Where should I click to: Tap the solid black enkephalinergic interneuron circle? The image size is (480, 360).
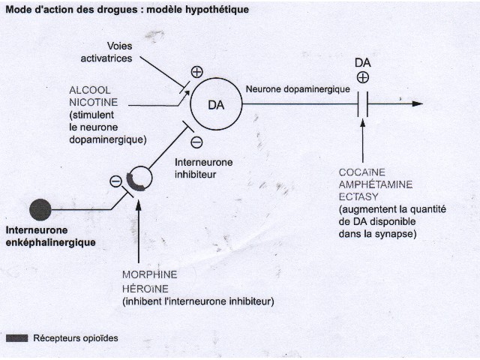tap(40, 210)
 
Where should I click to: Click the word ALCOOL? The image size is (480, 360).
tap(90, 90)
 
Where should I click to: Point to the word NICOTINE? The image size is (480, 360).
tap(93, 102)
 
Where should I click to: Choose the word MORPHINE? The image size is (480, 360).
tap(150, 274)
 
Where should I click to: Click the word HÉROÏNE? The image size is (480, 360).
tap(145, 288)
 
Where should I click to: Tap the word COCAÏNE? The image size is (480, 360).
tap(361, 172)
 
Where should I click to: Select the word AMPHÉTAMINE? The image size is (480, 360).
tap(376, 184)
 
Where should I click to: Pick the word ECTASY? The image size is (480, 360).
tap(358, 196)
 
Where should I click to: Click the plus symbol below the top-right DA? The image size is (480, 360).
tap(363, 77)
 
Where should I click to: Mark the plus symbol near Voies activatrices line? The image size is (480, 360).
tap(196, 72)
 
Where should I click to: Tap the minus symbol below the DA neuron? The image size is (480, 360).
tap(196, 142)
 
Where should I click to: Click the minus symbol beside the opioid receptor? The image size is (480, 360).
tap(115, 181)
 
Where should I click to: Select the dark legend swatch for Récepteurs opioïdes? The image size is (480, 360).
tap(16, 338)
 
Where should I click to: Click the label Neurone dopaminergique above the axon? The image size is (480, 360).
tap(298, 89)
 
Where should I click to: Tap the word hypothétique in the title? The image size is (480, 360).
tap(217, 10)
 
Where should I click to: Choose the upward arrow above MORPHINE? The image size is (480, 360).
tap(138, 232)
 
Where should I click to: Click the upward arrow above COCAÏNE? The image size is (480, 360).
tap(363, 140)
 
